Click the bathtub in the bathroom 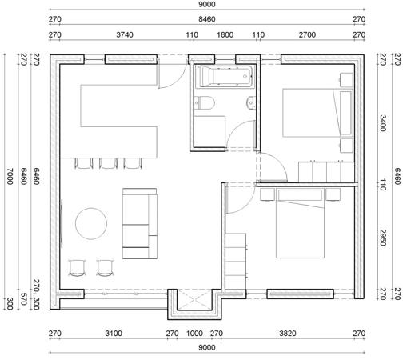pyautogui.click(x=224, y=77)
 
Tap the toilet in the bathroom pyautogui.click(x=205, y=102)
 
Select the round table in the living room pyautogui.click(x=91, y=224)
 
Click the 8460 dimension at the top pyautogui.click(x=207, y=19)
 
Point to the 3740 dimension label pyautogui.click(x=125, y=35)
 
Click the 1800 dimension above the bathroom pyautogui.click(x=225, y=35)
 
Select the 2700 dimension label pyautogui.click(x=307, y=35)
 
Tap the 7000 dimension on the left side pyautogui.click(x=10, y=176)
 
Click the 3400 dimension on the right pyautogui.click(x=383, y=123)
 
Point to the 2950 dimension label pyautogui.click(x=383, y=238)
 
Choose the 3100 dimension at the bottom pyautogui.click(x=114, y=334)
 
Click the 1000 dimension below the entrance pyautogui.click(x=194, y=334)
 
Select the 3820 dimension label pyautogui.click(x=288, y=334)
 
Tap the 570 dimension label pyautogui.click(x=24, y=299)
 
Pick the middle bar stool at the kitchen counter pyautogui.click(x=108, y=163)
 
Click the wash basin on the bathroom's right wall pyautogui.click(x=251, y=102)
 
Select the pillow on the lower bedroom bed pyautogui.click(x=300, y=195)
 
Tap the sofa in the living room pyautogui.click(x=140, y=223)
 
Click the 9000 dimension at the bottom pyautogui.click(x=207, y=348)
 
